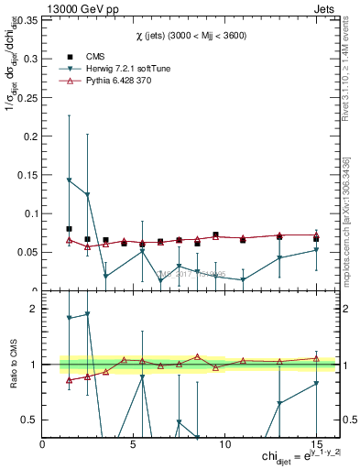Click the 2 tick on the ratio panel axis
click(33, 310)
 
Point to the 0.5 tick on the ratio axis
click(28, 420)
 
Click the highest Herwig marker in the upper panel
click(70, 180)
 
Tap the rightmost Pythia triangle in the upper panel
click(316, 235)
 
